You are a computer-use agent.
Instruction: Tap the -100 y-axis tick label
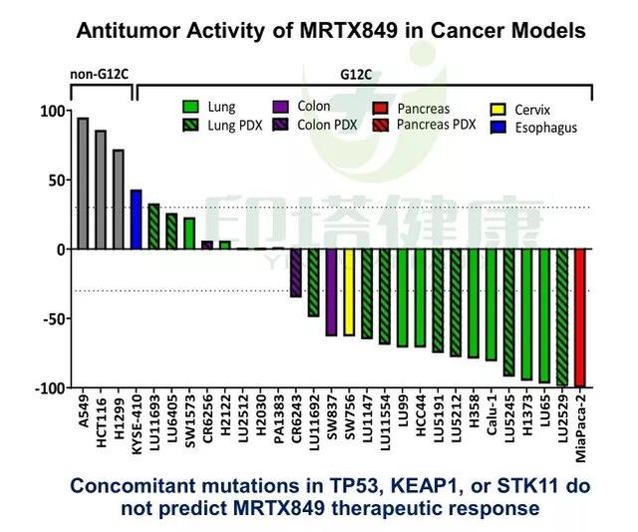[x=46, y=387]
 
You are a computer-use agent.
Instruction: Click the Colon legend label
[x=314, y=107]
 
